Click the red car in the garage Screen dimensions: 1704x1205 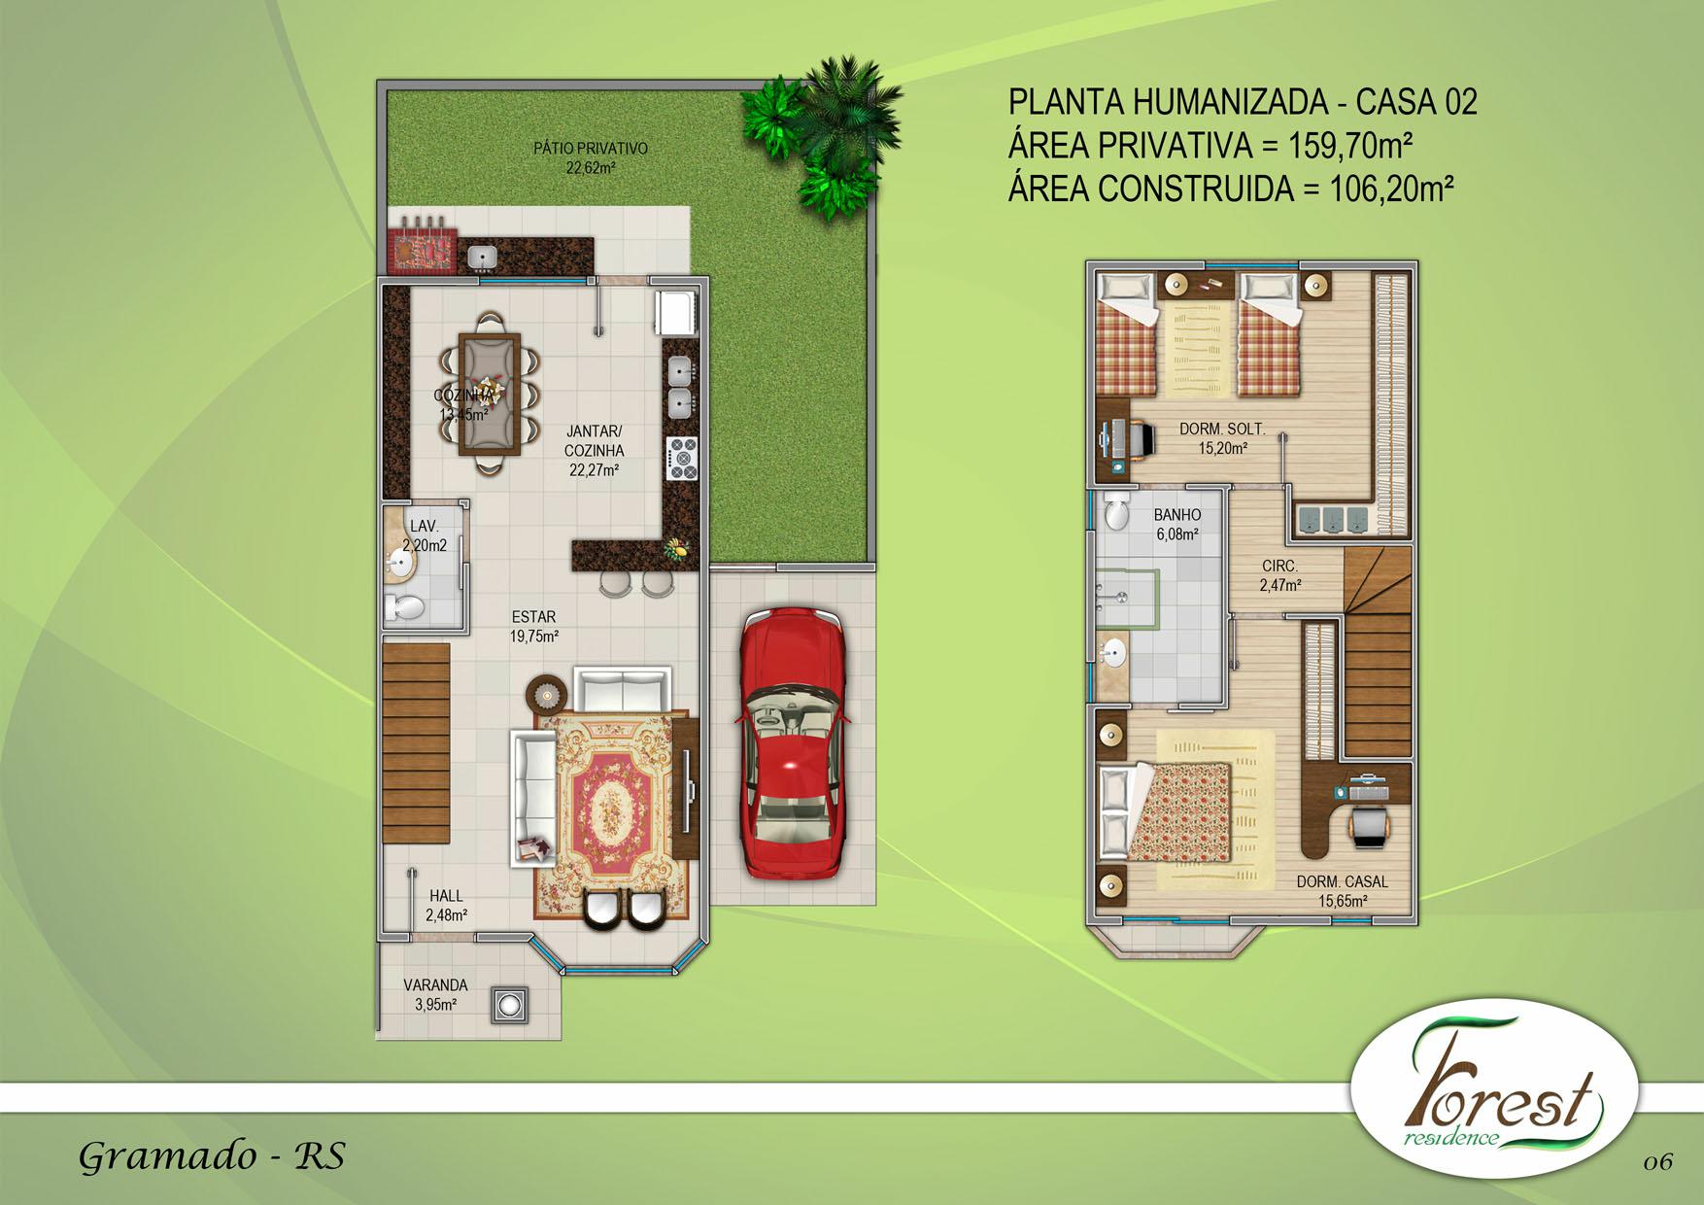(789, 743)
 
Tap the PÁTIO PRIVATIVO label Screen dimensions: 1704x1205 (590, 157)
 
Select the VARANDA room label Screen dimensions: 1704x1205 (435, 994)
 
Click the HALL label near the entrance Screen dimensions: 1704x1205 (446, 905)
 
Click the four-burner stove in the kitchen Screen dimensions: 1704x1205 (681, 458)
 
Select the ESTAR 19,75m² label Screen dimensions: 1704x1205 (533, 627)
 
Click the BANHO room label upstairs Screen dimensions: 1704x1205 (1176, 524)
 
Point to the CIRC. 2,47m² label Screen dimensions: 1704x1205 (1279, 575)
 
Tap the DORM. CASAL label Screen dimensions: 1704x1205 (1342, 891)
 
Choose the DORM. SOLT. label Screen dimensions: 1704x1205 (1222, 438)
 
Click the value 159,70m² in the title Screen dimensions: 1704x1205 (1349, 146)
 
